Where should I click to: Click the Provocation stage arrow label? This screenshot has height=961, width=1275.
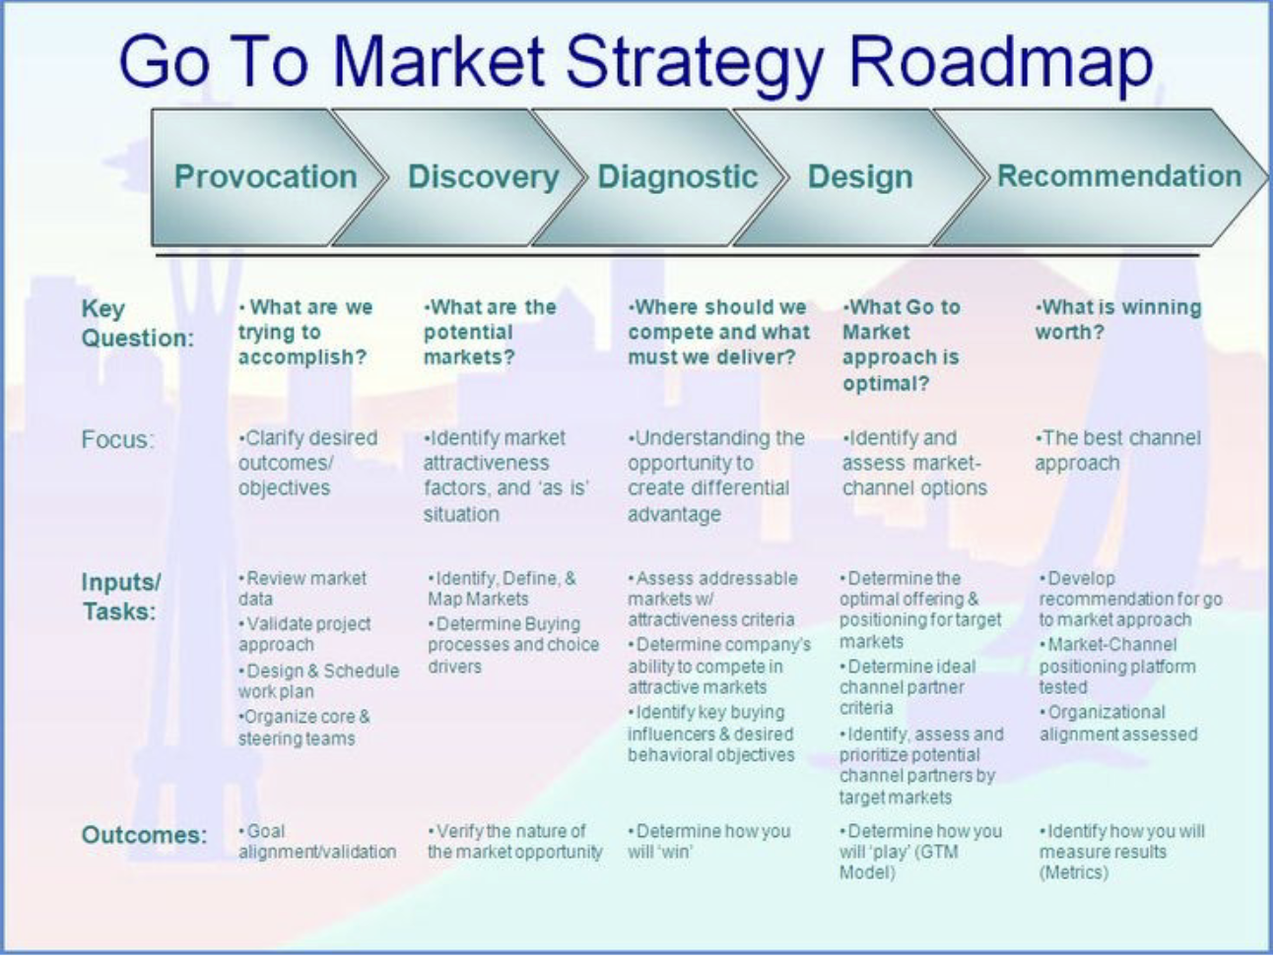[x=265, y=176]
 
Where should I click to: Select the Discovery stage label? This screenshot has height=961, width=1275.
[x=483, y=176]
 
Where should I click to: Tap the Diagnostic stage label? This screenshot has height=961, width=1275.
[x=678, y=176]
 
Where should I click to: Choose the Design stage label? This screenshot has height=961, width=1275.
[x=860, y=176]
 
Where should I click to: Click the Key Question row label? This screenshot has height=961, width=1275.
[x=137, y=323]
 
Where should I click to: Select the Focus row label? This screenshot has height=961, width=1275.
[x=117, y=439]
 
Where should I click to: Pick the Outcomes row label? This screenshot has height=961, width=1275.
[x=144, y=835]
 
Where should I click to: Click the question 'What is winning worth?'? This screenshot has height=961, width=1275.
[x=1117, y=319]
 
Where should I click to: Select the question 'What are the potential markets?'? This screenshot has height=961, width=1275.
[x=489, y=332]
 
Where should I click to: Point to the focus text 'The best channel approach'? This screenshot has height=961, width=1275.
[x=1117, y=450]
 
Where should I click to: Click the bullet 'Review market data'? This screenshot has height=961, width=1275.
[x=302, y=588]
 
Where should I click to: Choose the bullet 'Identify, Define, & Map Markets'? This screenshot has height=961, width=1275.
[x=502, y=588]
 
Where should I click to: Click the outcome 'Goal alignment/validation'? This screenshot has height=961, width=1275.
[x=316, y=841]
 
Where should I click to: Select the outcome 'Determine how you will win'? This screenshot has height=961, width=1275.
[x=708, y=841]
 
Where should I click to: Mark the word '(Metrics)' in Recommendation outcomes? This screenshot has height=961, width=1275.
[x=1073, y=872]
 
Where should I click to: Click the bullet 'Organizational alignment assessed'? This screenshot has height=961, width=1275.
[x=1117, y=723]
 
